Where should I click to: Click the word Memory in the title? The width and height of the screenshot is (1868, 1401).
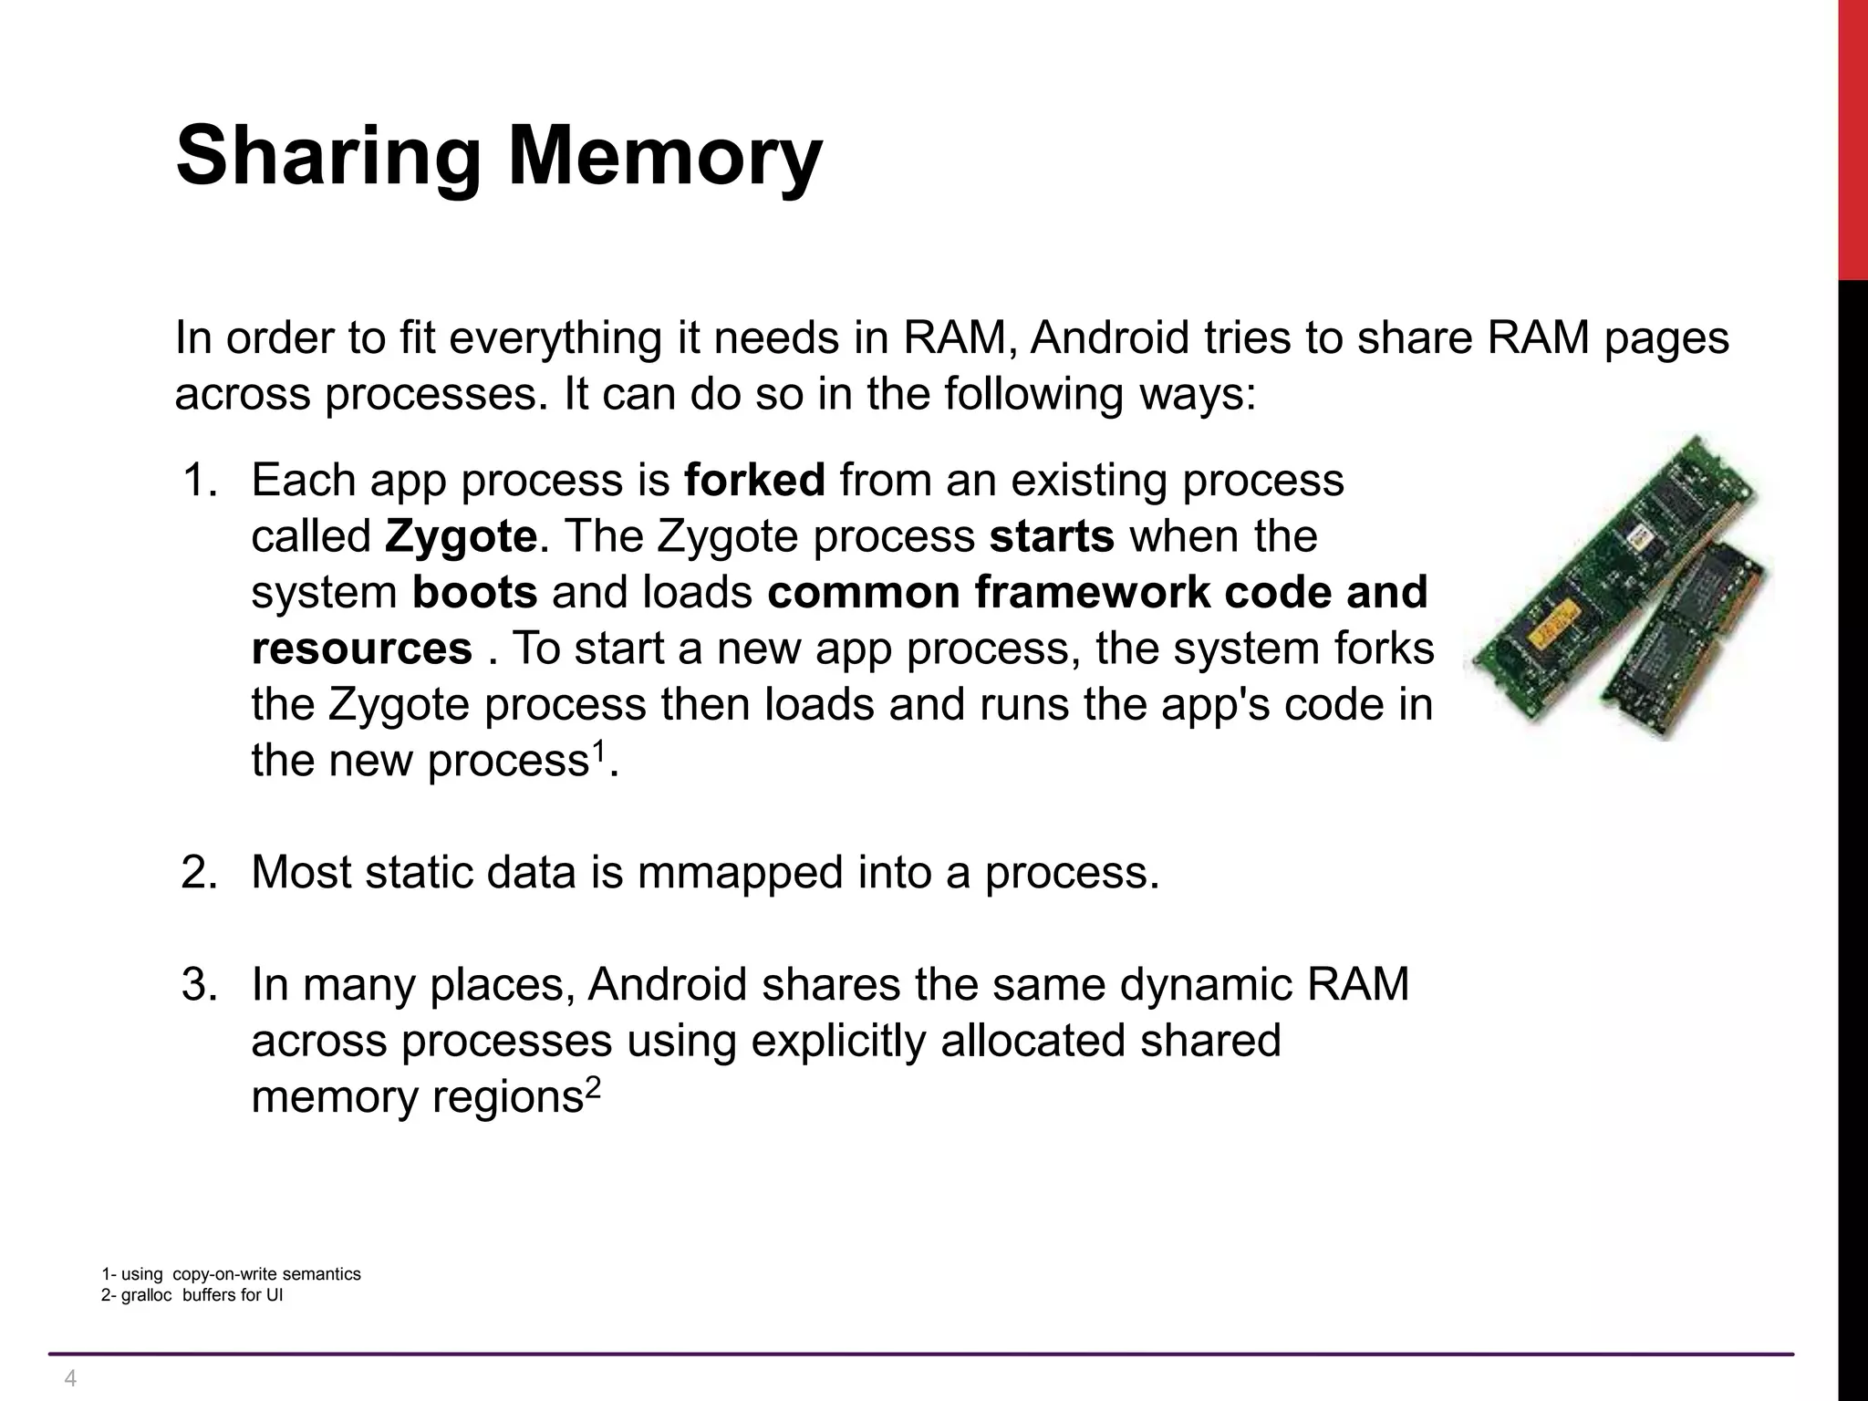coord(665,157)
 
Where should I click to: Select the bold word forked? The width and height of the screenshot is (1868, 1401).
coord(754,480)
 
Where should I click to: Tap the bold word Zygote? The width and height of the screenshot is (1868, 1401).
coord(461,536)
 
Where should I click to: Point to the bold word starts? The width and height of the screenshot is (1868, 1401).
coord(1052,536)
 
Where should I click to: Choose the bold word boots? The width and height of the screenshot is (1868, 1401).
coord(475,593)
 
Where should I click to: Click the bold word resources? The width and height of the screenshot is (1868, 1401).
coord(362,649)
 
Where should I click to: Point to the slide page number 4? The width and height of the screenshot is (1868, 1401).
coord(70,1378)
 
